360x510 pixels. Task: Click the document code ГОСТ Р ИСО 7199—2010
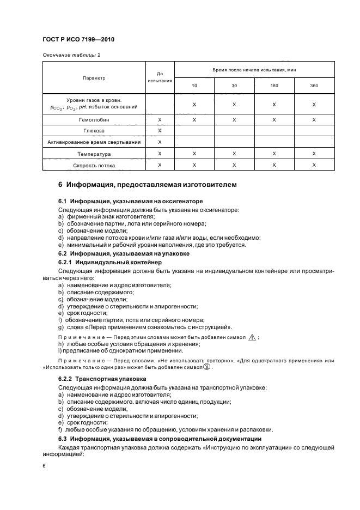[x=78, y=40]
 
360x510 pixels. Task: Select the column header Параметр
[x=94, y=78]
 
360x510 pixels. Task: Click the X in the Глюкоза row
[x=160, y=131]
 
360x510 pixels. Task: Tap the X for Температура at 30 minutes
[x=234, y=154]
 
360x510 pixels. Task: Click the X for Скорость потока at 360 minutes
[x=314, y=165]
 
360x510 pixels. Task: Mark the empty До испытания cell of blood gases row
[x=160, y=104]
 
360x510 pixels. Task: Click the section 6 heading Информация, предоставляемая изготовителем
[x=147, y=185]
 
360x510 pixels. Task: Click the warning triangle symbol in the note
[x=252, y=337]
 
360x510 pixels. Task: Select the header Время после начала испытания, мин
[x=254, y=70]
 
